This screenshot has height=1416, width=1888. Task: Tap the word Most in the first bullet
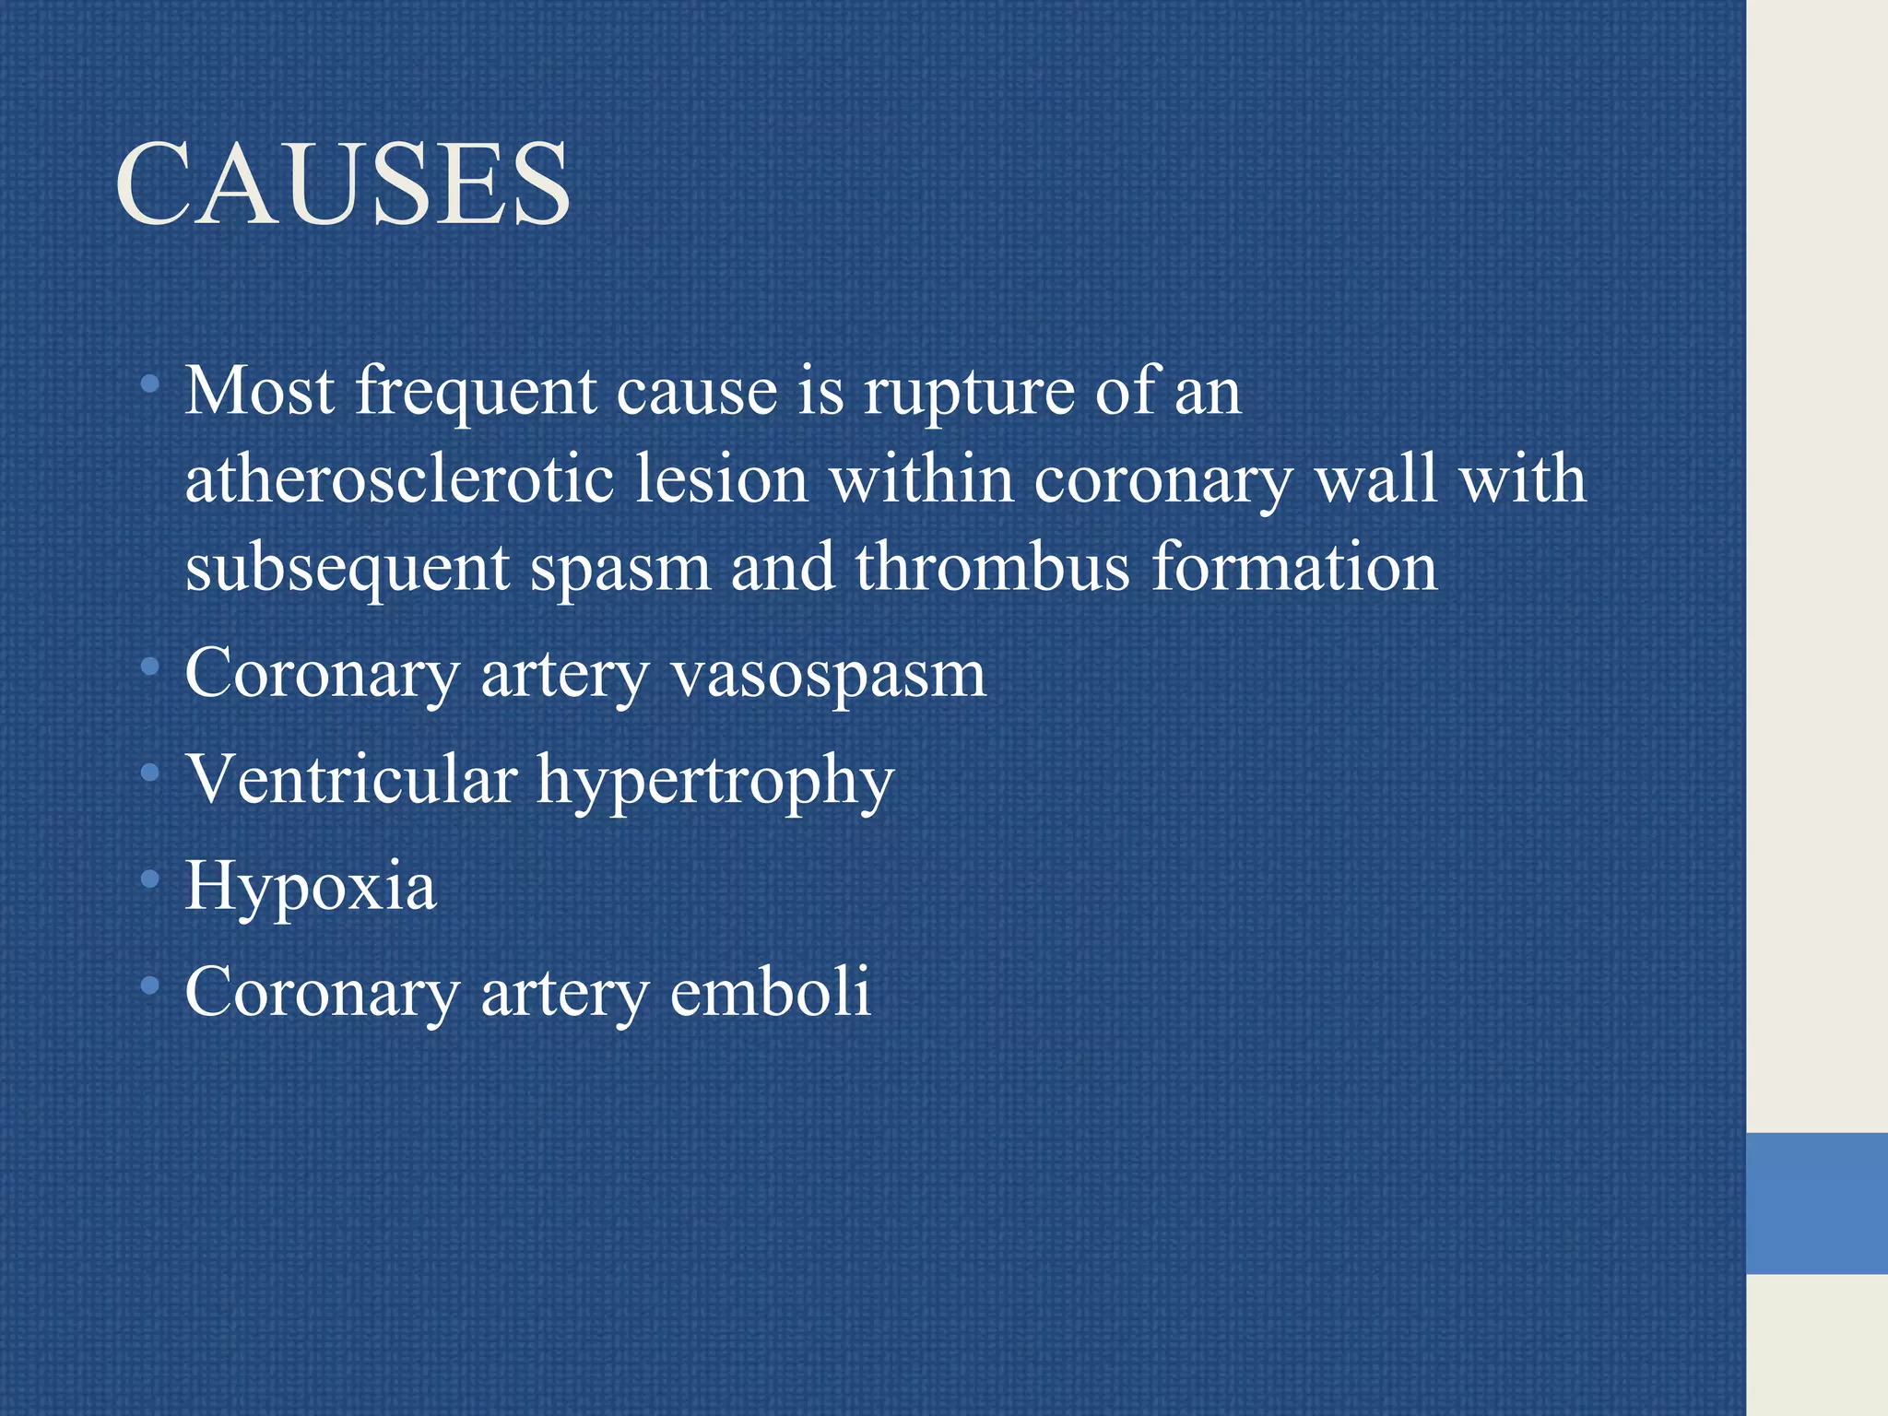pyautogui.click(x=260, y=391)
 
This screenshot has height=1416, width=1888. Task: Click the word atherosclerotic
pyautogui.click(x=399, y=480)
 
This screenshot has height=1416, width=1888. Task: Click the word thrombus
pyautogui.click(x=992, y=567)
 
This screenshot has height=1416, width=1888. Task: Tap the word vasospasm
pyautogui.click(x=828, y=676)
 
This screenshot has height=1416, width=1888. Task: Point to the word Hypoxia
pyautogui.click(x=311, y=887)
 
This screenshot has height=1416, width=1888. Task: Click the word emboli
pyautogui.click(x=770, y=993)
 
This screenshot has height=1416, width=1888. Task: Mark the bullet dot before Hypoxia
pyautogui.click(x=150, y=880)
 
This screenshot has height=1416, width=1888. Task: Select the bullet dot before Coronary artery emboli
pyautogui.click(x=150, y=986)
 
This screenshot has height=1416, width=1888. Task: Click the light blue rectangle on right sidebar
pyautogui.click(x=1816, y=1203)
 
